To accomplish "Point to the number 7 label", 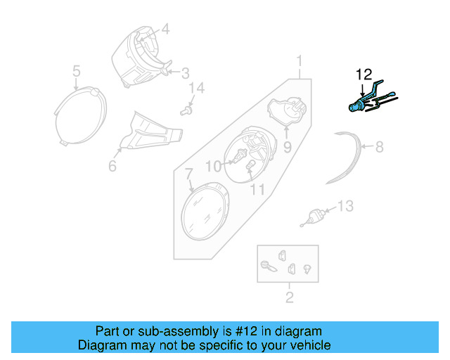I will pyautogui.click(x=188, y=173).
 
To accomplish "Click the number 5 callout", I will pyautogui.click(x=77, y=70).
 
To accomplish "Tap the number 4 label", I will pyautogui.click(x=166, y=30).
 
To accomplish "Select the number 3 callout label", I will pyautogui.click(x=185, y=72).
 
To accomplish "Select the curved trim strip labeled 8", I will pyautogui.click(x=348, y=159).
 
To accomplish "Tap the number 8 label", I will pyautogui.click(x=379, y=147).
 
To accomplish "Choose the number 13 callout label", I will pyautogui.click(x=345, y=206).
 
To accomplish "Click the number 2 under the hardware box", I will pyautogui.click(x=289, y=297).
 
